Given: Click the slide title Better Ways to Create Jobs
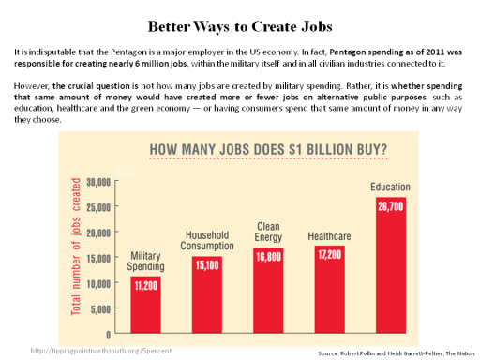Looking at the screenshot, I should point(240,21).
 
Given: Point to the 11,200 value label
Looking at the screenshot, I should point(145,284).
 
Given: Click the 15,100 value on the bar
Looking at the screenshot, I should point(205,264).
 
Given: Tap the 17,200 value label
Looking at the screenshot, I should point(328,254).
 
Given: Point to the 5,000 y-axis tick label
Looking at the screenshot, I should point(99,308).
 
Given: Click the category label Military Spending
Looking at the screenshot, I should point(145,261).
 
